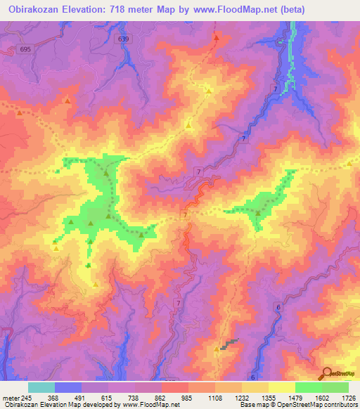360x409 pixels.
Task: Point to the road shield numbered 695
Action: (26, 48)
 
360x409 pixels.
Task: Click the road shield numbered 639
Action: (124, 39)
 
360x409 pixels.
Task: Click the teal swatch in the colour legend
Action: (41, 387)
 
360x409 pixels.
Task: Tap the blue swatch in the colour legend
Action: (68, 387)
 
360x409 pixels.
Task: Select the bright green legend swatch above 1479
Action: (308, 387)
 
